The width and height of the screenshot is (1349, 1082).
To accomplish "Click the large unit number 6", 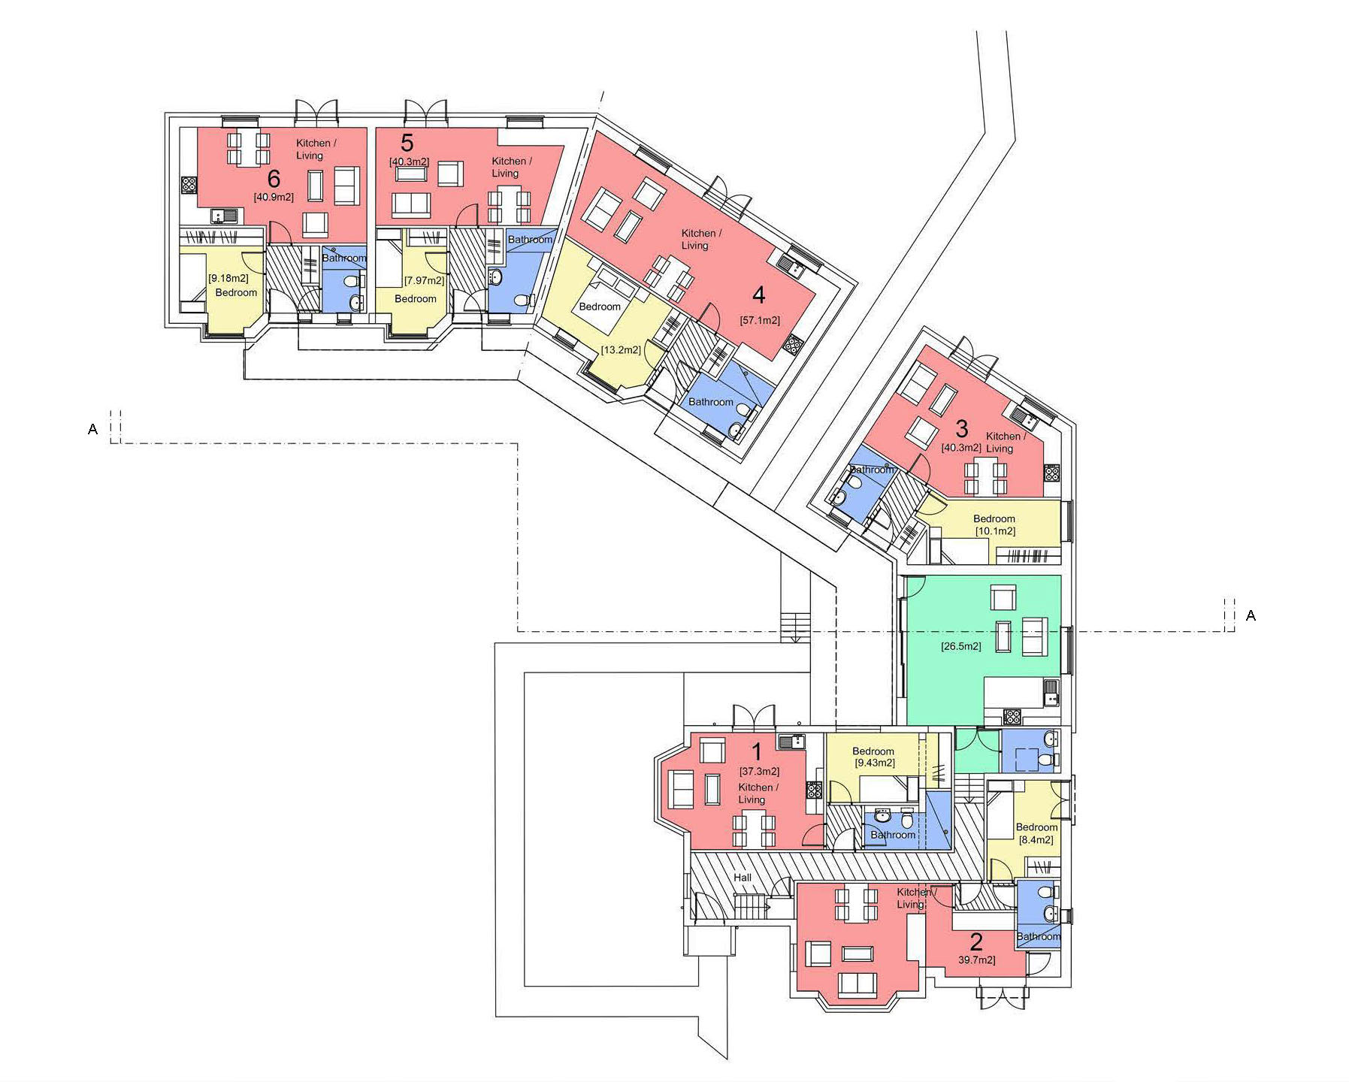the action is (274, 179).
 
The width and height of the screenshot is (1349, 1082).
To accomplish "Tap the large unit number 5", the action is (407, 143).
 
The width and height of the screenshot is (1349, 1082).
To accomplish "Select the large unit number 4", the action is (759, 295).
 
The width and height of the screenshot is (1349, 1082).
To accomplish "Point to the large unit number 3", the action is (962, 428).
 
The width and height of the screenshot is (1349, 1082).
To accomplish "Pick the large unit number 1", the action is (757, 751).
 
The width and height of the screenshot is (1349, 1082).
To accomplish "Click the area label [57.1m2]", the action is (759, 320).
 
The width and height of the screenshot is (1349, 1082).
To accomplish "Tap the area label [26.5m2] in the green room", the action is (960, 646).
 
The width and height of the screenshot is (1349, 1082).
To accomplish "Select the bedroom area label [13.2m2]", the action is (621, 350).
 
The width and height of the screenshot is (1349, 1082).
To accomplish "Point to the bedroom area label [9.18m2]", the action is (228, 278).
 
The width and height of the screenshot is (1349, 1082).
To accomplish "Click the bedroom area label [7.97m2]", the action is (424, 281).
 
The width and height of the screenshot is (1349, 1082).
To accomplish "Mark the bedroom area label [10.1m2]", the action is (995, 531).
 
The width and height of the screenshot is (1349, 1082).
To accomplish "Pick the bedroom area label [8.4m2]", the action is (1036, 840).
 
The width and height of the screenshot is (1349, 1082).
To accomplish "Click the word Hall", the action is (743, 878).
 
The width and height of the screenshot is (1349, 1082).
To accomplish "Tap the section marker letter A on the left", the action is (92, 429).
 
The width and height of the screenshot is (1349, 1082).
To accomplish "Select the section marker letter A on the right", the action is (1251, 615).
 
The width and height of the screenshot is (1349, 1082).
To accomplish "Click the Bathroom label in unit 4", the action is (711, 402).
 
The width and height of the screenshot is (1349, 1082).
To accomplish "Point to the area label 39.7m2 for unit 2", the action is (976, 960).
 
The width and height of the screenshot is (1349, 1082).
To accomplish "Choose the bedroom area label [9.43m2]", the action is (873, 763).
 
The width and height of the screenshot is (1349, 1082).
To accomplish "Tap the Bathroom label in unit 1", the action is (893, 835).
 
